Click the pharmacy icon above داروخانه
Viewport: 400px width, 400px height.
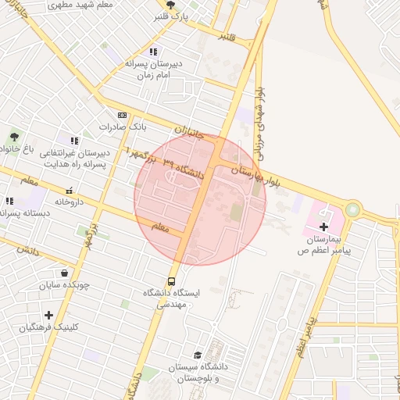[x=69, y=190]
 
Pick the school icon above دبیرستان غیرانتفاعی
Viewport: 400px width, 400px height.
[x=74, y=141]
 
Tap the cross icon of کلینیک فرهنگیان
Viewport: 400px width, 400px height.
[x=48, y=315]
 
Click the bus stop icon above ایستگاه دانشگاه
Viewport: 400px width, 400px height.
[x=170, y=281]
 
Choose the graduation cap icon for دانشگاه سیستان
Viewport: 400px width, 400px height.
[x=197, y=355]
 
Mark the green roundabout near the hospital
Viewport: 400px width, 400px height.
[x=353, y=209]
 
